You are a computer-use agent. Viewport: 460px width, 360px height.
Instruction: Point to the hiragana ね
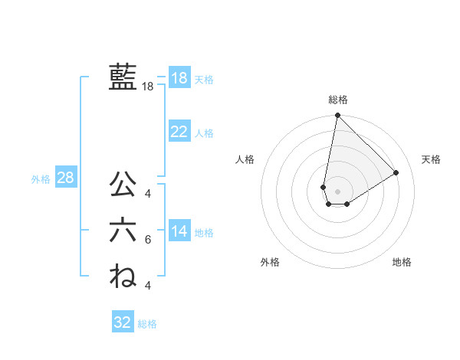(123, 275)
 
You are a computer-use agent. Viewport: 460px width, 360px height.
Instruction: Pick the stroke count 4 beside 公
(148, 192)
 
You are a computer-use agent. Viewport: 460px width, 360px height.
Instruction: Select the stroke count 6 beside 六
(148, 240)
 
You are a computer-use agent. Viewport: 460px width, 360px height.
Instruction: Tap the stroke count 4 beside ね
(148, 285)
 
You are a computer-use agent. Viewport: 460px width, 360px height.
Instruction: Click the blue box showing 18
(179, 78)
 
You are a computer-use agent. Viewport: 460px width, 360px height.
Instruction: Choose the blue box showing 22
(179, 132)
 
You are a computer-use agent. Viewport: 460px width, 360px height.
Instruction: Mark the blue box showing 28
(65, 178)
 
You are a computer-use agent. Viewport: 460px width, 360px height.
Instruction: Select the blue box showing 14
(179, 231)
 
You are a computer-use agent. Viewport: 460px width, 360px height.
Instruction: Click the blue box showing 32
(123, 322)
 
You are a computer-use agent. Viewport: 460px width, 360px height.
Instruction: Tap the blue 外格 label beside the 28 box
(41, 179)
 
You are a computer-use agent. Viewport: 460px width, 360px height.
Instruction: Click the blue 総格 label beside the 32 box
(147, 324)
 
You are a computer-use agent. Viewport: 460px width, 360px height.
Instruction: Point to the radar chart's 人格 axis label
(245, 159)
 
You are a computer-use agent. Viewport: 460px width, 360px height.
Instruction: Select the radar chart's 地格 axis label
(402, 262)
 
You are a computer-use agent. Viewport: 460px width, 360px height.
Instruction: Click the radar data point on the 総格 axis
(337, 116)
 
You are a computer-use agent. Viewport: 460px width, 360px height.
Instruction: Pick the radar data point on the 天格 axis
(396, 172)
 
